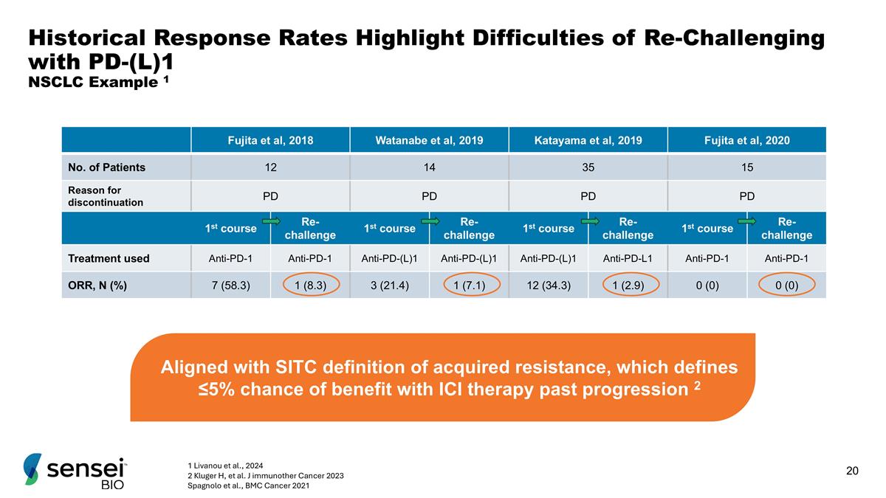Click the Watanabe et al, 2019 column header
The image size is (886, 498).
point(429,140)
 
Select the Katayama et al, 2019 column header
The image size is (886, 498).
point(588,140)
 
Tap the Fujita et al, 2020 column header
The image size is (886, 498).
point(747,140)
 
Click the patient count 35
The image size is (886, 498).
point(588,167)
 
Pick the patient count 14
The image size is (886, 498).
point(429,167)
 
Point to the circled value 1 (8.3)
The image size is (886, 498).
point(311,285)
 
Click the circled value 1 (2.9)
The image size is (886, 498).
point(628,285)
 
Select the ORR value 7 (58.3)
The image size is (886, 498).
point(231,285)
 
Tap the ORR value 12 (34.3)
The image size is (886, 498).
point(548,285)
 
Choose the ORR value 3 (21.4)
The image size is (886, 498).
point(390,285)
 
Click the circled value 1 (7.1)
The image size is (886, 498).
point(470,285)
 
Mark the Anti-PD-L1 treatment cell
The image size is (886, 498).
point(628,258)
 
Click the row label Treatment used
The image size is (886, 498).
point(109,258)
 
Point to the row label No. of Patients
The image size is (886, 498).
point(106,167)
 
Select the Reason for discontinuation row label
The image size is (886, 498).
point(106,196)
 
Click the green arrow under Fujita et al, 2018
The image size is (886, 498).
point(271,220)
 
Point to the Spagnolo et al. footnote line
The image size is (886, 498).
point(249,485)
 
